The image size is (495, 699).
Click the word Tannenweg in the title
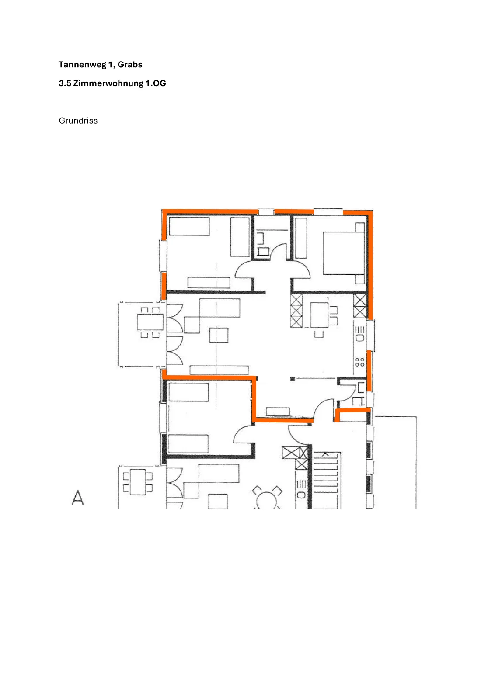[x=83, y=65]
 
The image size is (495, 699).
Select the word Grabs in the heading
[x=130, y=65]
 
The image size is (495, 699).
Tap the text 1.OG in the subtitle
[x=156, y=83]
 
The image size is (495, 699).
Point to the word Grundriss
[x=78, y=121]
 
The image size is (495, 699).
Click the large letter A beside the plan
[x=78, y=497]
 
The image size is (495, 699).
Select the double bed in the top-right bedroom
[x=344, y=253]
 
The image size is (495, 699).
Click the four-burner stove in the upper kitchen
[x=359, y=362]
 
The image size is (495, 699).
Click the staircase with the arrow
[x=326, y=480]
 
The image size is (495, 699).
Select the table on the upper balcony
[x=150, y=322]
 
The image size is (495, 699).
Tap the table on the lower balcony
[x=138, y=482]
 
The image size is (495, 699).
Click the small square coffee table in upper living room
[x=219, y=335]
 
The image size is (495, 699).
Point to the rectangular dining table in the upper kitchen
[x=319, y=315]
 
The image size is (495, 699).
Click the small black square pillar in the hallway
[x=293, y=379]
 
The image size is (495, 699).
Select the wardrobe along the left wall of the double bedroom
[x=301, y=238]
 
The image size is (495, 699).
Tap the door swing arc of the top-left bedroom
[x=243, y=269]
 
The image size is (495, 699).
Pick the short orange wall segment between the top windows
[x=293, y=212]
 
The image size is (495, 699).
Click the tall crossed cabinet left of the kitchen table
[x=296, y=311]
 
